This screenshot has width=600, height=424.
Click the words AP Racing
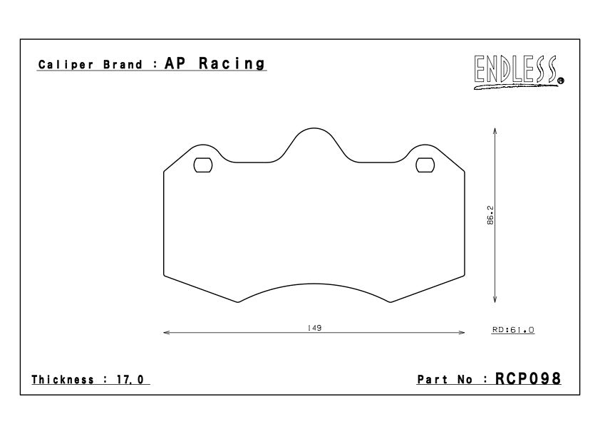coord(214,63)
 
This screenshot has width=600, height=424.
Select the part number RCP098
coord(529,378)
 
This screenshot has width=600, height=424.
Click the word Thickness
coord(64,380)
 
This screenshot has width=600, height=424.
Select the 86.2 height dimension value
coord(491,215)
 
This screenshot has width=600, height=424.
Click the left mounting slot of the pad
coord(202,165)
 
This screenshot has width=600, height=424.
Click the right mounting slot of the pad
coord(425,165)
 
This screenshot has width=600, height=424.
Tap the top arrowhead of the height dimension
coord(495,131)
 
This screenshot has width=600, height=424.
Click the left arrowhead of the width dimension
coord(167,333)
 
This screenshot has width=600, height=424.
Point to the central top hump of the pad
coord(314,131)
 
